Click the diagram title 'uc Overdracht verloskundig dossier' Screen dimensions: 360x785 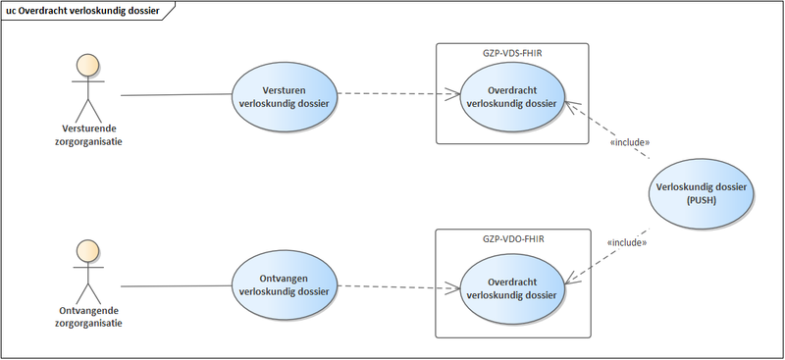point(82,10)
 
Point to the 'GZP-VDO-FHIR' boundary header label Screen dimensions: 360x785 point(513,238)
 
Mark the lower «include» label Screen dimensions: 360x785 point(628,242)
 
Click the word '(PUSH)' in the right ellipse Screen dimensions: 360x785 point(702,200)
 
